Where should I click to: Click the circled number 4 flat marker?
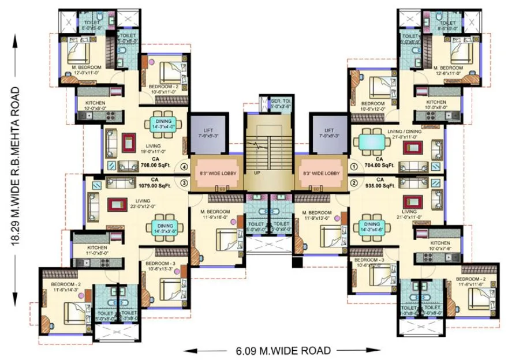pos(184,168)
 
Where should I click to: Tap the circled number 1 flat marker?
pos(353,168)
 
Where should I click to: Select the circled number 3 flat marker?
pos(184,183)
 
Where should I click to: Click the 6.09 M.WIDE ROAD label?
pos(283,350)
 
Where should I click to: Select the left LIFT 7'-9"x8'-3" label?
pos(207,134)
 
